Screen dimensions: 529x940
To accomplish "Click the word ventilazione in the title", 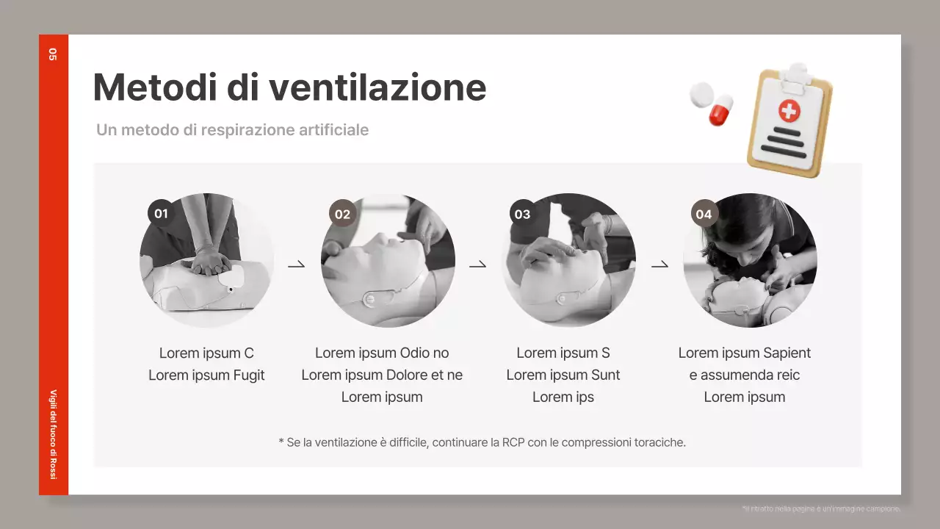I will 377,87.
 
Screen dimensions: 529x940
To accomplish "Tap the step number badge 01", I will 161,214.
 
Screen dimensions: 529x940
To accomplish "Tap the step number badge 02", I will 342,214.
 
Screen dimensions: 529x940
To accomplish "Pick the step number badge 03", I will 522,214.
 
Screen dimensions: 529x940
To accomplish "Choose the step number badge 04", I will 704,214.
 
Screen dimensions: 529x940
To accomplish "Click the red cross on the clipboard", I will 789,111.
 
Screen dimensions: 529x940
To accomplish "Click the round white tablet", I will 701,94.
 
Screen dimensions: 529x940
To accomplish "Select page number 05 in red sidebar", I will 53,54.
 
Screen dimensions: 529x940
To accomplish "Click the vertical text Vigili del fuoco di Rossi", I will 53,433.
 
